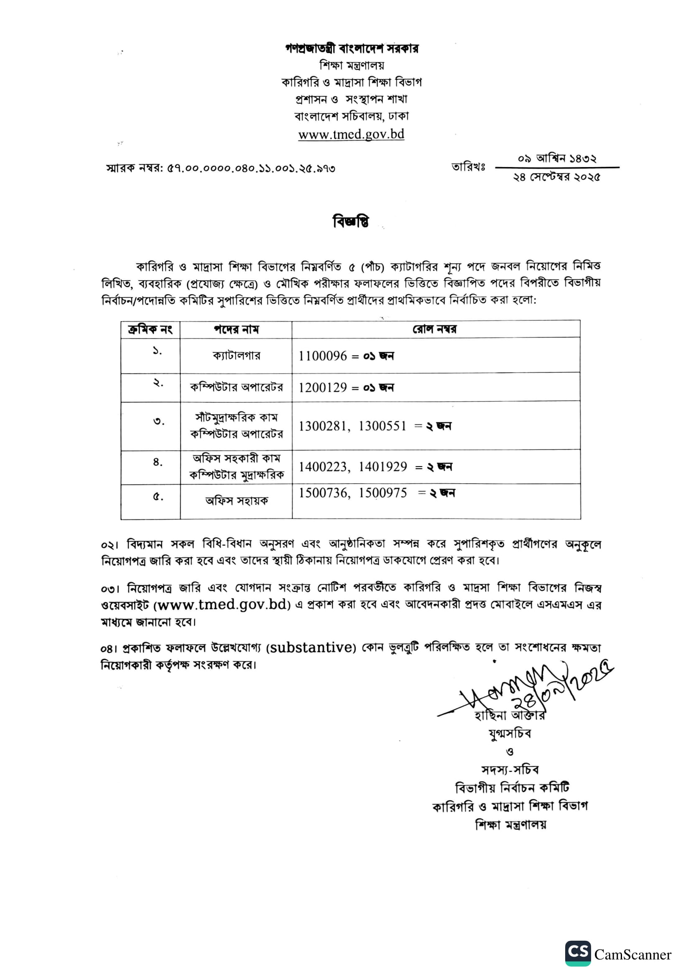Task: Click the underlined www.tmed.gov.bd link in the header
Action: point(351,134)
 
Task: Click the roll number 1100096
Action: point(323,356)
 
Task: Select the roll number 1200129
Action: point(323,387)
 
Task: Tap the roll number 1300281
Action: point(323,426)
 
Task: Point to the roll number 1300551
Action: point(382,426)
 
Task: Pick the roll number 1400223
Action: point(323,467)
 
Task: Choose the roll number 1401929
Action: point(383,467)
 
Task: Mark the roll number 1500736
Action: point(323,493)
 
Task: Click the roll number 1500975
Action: point(383,493)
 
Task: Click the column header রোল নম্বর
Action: point(435,329)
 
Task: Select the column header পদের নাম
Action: point(236,329)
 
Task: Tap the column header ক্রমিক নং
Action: point(150,329)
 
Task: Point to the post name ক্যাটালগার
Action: point(236,355)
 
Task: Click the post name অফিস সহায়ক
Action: point(236,501)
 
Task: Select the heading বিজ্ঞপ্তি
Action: point(350,222)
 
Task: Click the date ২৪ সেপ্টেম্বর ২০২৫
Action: point(556,177)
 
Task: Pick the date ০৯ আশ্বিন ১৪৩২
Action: point(556,159)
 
